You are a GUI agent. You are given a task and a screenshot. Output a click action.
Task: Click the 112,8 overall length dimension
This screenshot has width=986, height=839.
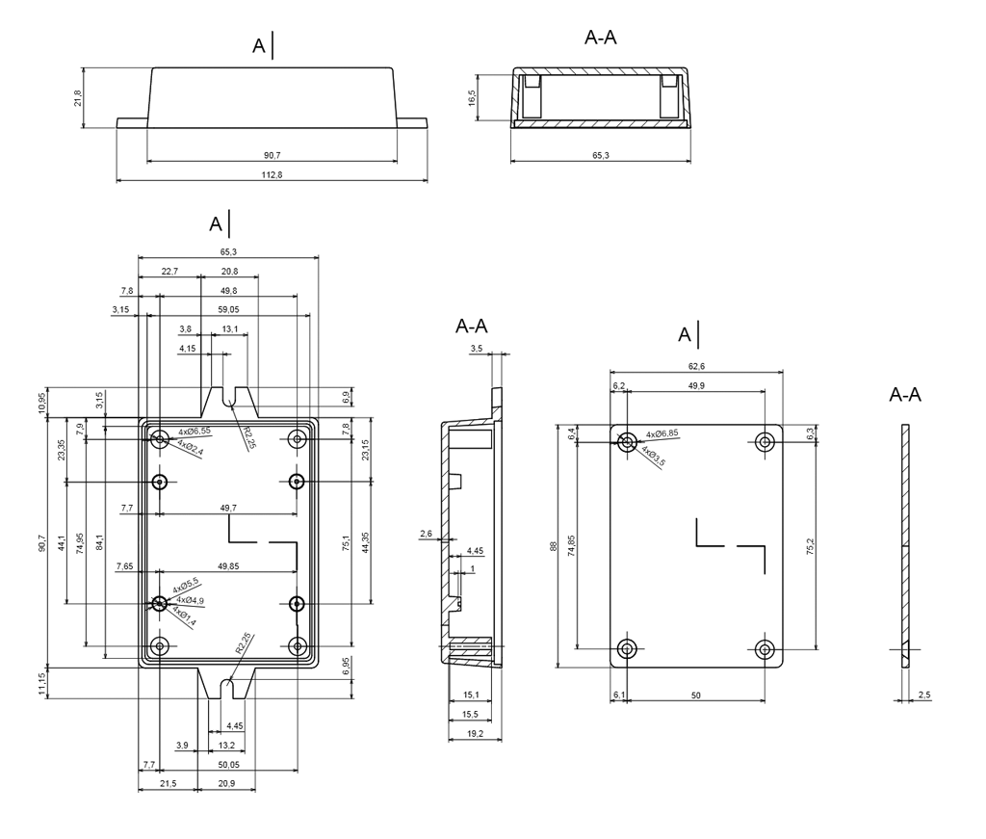click(272, 174)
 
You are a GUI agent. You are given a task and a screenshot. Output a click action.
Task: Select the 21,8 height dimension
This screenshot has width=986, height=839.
click(78, 98)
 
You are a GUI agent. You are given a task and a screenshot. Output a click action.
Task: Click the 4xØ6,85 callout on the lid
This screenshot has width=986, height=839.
click(662, 433)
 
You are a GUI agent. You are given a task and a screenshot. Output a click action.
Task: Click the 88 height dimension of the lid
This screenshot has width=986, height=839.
click(553, 545)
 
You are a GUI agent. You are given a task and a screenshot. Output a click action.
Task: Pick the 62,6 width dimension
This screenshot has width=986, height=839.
click(696, 366)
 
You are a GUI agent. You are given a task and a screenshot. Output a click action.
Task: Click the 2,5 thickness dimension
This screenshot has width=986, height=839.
click(924, 694)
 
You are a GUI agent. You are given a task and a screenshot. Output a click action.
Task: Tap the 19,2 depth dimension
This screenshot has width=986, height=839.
click(472, 734)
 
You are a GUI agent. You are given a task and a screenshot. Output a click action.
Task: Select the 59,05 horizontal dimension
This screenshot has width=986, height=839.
click(228, 310)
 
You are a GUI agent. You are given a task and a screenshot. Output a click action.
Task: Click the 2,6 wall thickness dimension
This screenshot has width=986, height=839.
click(426, 533)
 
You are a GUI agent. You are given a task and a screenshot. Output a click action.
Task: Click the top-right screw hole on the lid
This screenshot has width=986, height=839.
click(765, 442)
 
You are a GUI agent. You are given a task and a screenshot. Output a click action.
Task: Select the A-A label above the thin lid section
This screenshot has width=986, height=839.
click(905, 395)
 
